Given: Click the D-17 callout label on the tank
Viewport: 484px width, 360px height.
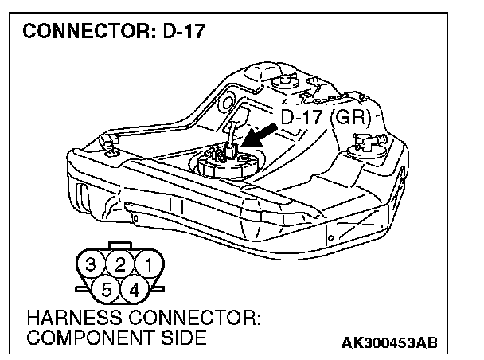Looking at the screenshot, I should point(302,119).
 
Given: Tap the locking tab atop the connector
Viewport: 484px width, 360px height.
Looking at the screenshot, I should point(120,246).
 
